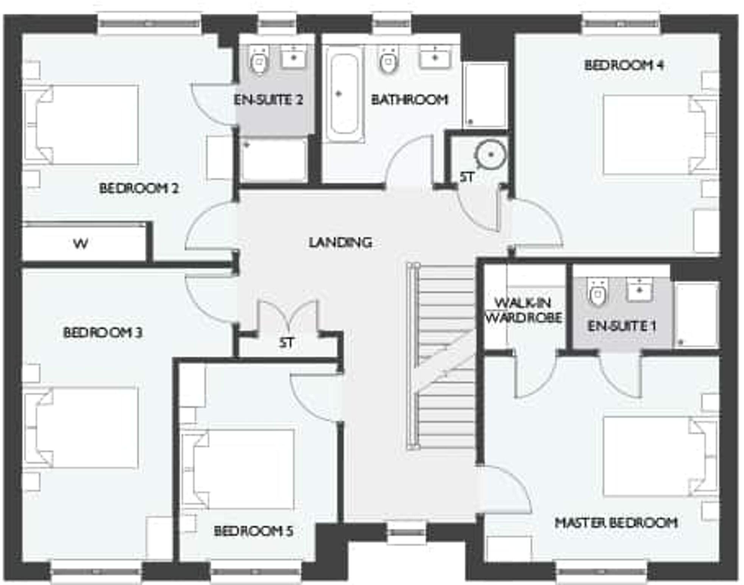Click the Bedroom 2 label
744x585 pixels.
(139, 188)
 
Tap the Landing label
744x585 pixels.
(340, 242)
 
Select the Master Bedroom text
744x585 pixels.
(616, 523)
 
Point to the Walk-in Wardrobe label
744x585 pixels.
(524, 310)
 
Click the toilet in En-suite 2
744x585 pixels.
(259, 61)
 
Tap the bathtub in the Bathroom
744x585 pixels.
(344, 94)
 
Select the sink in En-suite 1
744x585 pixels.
(639, 289)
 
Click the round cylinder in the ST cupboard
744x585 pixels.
(491, 154)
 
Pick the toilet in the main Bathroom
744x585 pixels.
(388, 61)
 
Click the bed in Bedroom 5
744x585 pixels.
(239, 469)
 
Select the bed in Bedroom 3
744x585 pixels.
(81, 428)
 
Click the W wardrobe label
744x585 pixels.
(81, 243)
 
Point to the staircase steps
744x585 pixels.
(445, 356)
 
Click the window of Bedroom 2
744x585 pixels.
(149, 23)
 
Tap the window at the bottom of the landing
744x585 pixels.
(407, 532)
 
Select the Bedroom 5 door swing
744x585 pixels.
(316, 398)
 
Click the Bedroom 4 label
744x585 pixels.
(624, 65)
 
